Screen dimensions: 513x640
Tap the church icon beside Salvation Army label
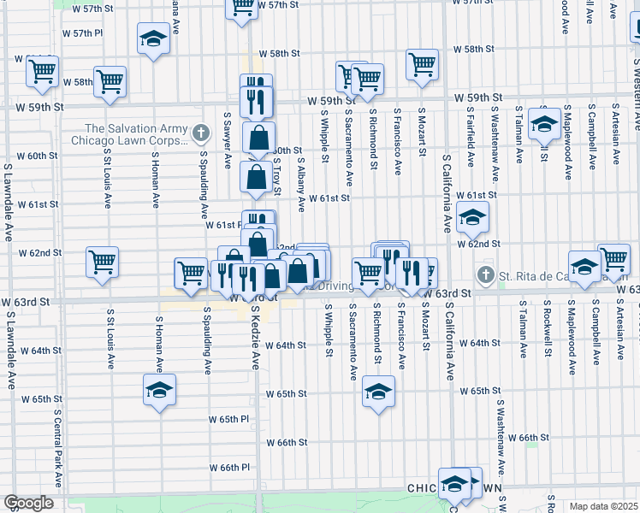coord(200,133)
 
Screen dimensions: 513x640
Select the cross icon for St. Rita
coord(486,274)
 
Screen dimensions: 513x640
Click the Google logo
coord(28,503)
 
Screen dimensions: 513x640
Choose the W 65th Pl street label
coord(233,419)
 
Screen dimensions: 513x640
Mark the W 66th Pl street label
coord(233,468)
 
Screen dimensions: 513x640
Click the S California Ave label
coord(447,193)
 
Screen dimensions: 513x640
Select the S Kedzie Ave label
coord(255,339)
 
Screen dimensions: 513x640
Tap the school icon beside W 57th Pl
coord(153,38)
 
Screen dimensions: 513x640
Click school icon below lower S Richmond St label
coord(378,392)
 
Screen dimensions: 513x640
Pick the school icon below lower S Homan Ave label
coord(158,390)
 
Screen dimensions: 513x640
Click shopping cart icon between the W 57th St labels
coord(242,7)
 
